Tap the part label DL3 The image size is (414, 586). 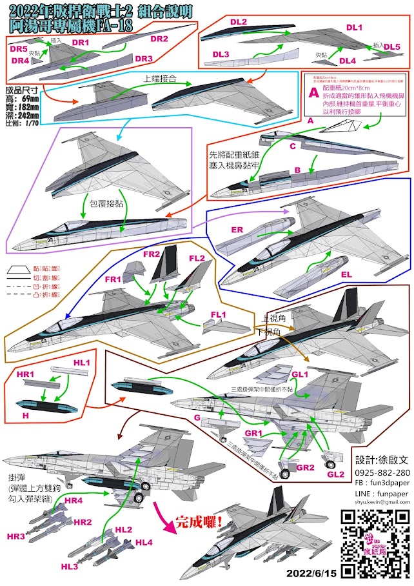[x=221, y=54]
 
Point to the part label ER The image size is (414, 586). [x=238, y=230]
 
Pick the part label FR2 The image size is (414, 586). [x=152, y=254]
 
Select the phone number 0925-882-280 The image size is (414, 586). [x=382, y=472]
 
